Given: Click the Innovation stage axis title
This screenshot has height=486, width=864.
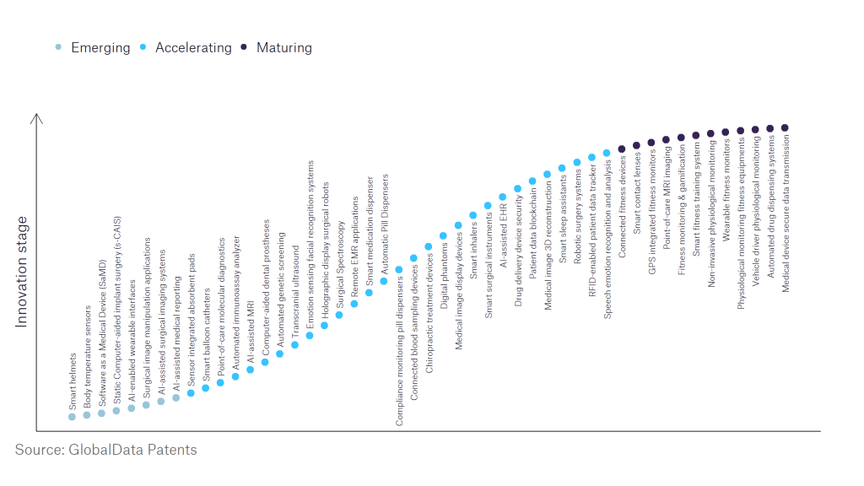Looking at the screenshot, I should [x=22, y=272].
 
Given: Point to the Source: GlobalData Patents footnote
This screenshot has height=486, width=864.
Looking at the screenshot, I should [x=105, y=450].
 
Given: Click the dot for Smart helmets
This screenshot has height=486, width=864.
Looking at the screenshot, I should [x=72, y=417].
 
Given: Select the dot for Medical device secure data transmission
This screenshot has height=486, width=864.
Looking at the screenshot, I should [x=785, y=127].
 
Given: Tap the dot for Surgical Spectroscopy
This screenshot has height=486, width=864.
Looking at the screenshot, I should [x=339, y=315].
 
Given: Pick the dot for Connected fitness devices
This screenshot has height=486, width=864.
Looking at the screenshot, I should [x=622, y=148].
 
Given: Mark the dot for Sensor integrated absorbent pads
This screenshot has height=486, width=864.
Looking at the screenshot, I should [x=191, y=392].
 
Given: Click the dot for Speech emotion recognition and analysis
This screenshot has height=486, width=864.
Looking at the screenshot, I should [x=607, y=153].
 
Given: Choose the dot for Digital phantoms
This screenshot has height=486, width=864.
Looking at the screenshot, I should [x=443, y=235].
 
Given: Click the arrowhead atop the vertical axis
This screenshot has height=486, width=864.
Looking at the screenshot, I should [x=37, y=118].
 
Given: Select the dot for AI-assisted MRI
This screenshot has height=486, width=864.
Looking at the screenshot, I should [x=250, y=370].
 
